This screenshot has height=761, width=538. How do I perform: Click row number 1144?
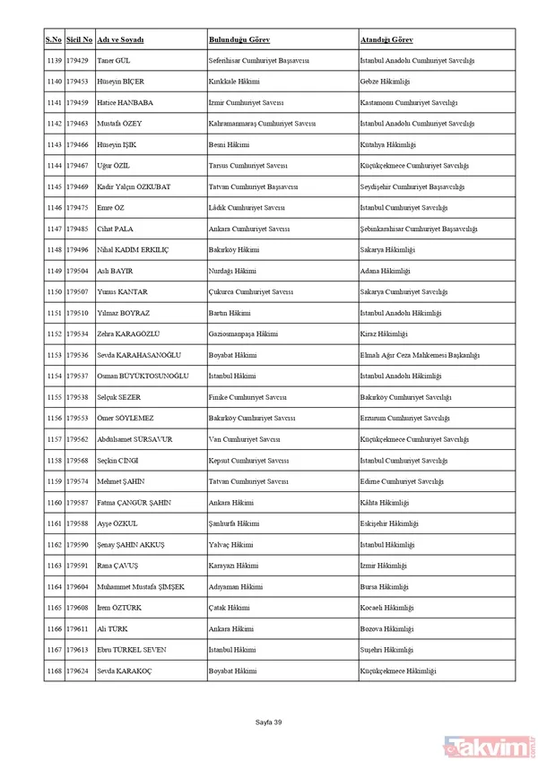point(53,165)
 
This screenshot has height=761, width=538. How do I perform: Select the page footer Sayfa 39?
point(269,722)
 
